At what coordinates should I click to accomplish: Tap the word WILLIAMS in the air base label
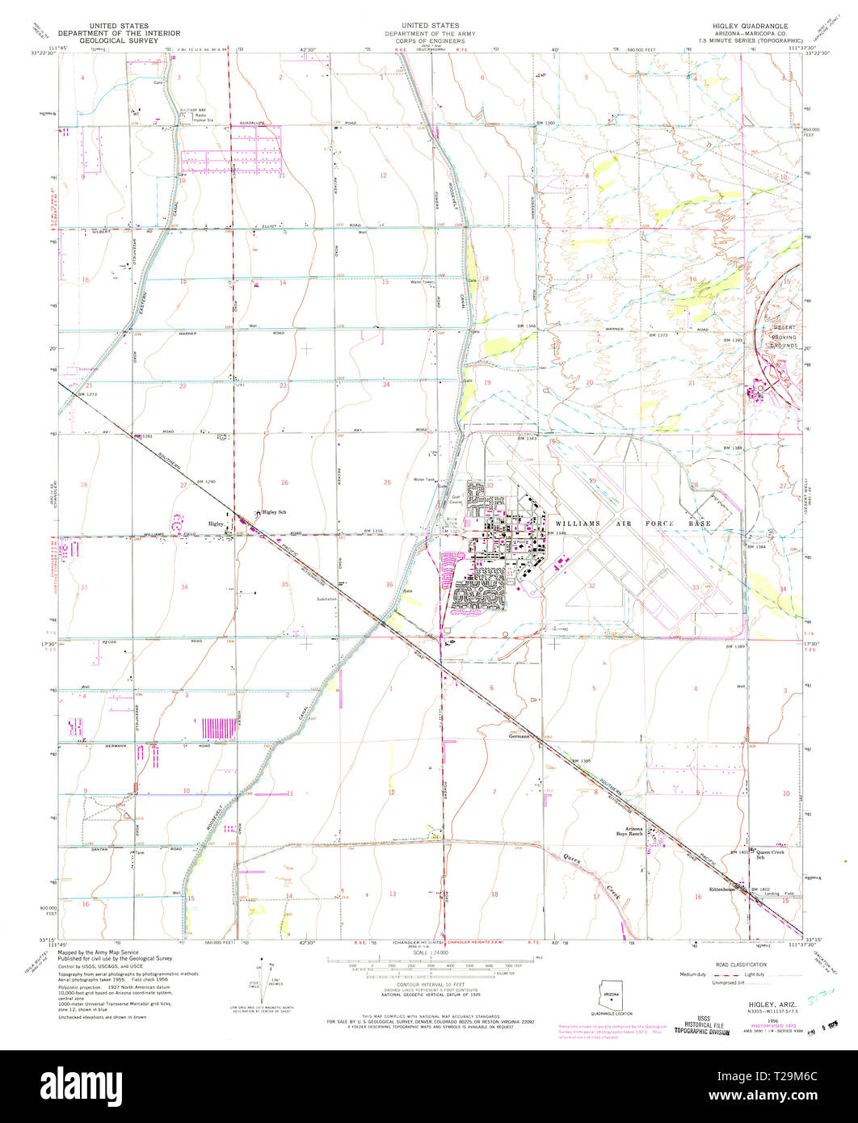click(578, 524)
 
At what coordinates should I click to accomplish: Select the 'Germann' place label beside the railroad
click(519, 736)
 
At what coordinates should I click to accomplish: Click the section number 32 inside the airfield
click(591, 587)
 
